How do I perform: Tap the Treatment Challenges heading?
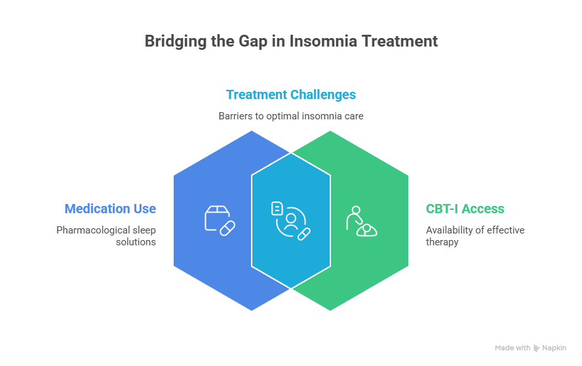(291, 94)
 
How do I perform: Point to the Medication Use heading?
(110, 209)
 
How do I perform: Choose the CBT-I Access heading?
(465, 209)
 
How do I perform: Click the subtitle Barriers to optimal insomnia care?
(291, 116)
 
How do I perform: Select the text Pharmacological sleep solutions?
(106, 236)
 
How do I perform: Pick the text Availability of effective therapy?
(475, 236)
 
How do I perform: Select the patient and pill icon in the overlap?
(291, 220)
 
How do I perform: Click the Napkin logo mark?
(536, 348)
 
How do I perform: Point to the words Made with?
(513, 348)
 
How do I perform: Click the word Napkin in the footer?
(554, 348)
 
